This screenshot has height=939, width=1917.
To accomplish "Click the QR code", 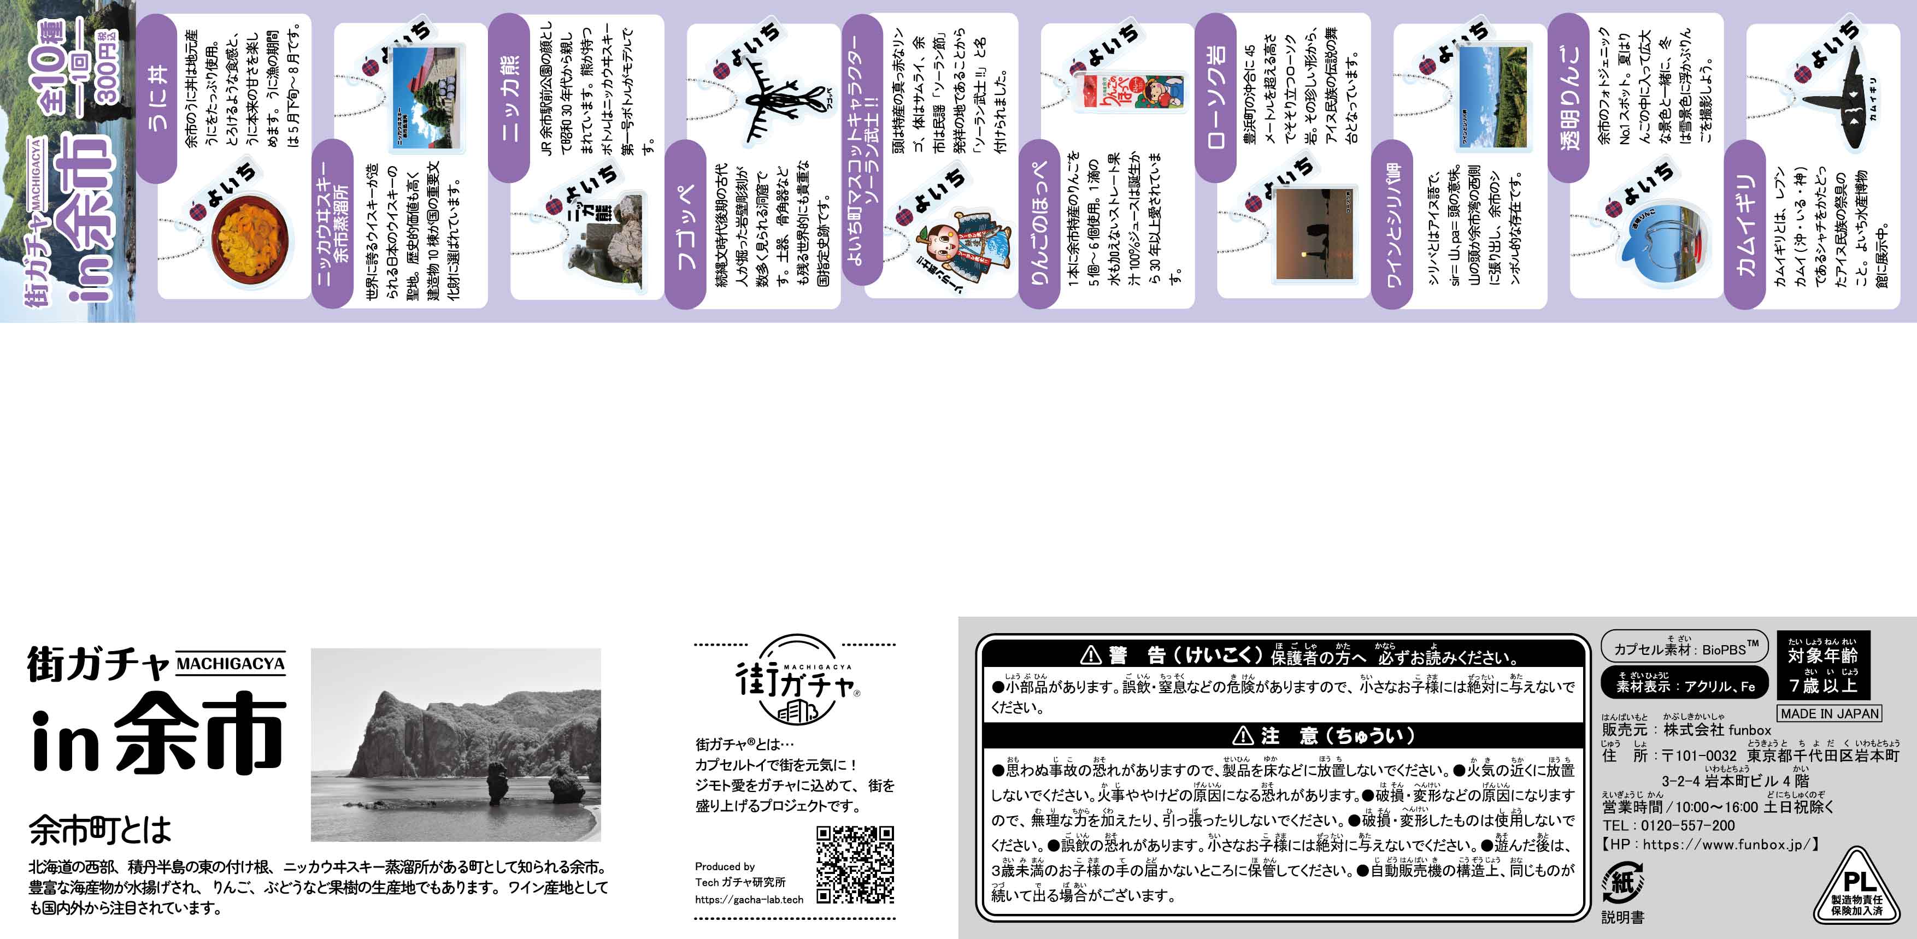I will [x=855, y=864].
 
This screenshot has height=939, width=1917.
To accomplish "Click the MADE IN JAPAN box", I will [x=1829, y=713].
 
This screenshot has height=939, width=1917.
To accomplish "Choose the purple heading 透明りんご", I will [x=1568, y=97].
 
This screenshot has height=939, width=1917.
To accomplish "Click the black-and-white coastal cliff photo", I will [x=455, y=744].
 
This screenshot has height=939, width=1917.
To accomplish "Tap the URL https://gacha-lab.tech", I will [x=749, y=900].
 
